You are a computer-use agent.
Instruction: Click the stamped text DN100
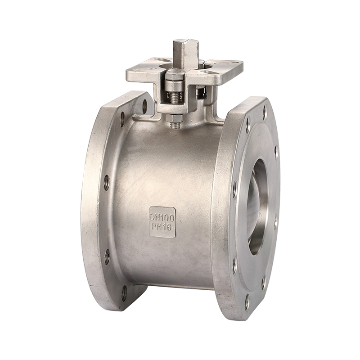[162, 217]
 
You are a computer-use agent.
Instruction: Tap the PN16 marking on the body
[162, 228]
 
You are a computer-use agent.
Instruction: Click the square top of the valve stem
[186, 42]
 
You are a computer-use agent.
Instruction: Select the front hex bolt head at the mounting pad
[175, 75]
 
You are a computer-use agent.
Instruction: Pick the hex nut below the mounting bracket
[175, 118]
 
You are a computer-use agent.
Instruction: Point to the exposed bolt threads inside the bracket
[175, 97]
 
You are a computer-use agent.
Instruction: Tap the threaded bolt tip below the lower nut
[175, 126]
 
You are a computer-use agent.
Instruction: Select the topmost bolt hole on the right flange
[265, 113]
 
